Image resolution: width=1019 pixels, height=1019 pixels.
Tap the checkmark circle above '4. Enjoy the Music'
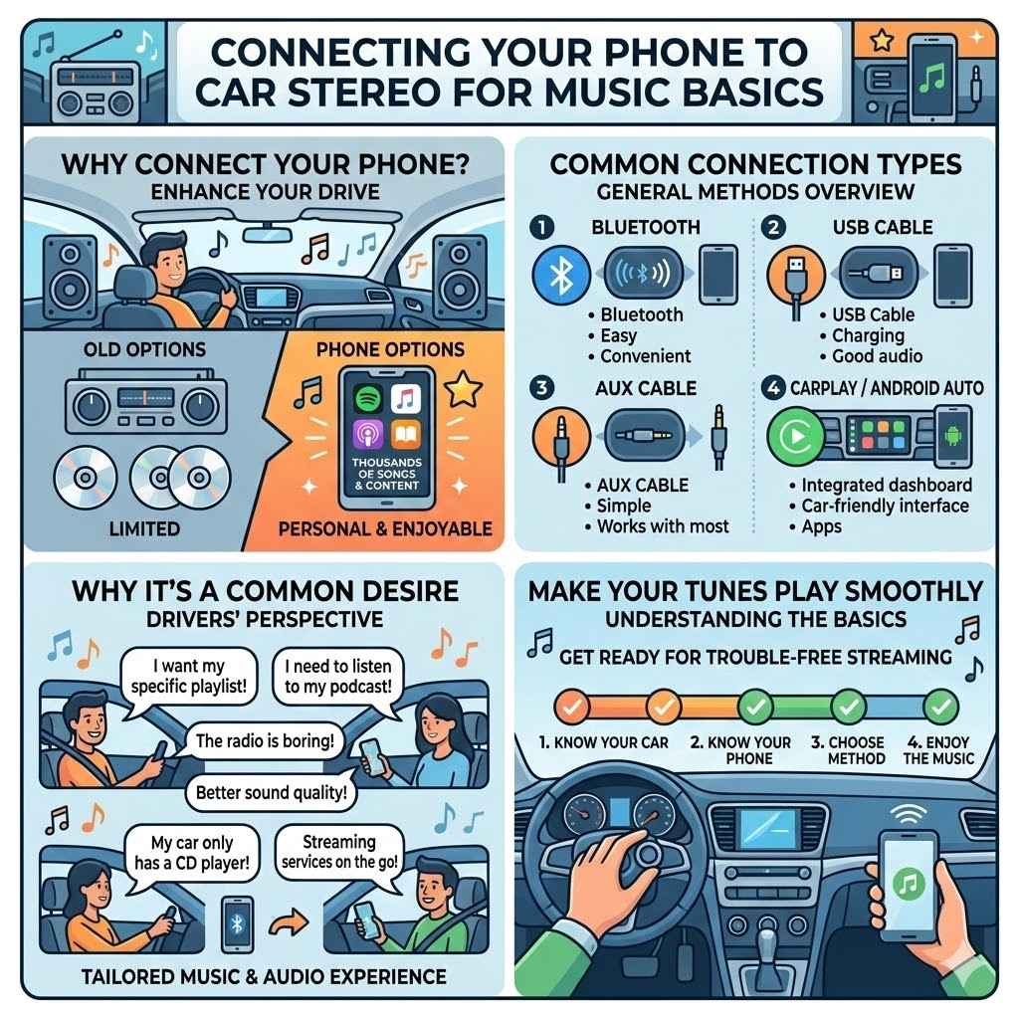pyautogui.click(x=939, y=707)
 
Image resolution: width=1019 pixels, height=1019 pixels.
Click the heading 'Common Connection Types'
pyautogui.click(x=755, y=163)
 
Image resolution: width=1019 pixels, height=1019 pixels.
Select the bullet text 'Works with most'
pyautogui.click(x=663, y=525)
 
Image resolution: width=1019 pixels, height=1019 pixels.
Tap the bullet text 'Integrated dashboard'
pyautogui.click(x=887, y=486)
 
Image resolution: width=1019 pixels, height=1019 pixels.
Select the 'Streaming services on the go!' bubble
pyautogui.click(x=338, y=853)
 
